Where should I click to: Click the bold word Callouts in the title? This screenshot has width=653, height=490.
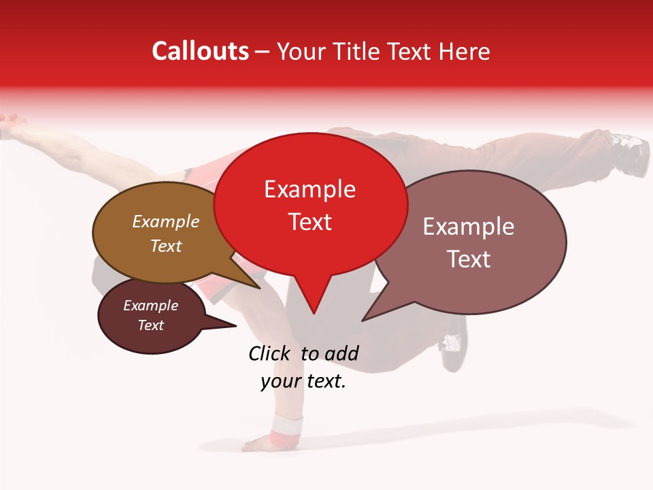pos(201,51)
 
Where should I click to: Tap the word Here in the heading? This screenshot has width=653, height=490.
pos(464,52)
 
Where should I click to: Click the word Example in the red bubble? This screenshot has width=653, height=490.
pos(309,189)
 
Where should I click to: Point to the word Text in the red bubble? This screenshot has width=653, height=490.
pos(309,222)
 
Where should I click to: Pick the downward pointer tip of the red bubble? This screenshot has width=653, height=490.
pos(313,312)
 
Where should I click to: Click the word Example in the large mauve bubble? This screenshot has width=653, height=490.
pos(469,227)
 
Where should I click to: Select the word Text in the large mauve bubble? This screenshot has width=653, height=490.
pos(469,259)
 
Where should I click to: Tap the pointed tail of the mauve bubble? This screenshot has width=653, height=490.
pos(364,319)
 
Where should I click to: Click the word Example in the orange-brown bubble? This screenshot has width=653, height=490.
pos(166,221)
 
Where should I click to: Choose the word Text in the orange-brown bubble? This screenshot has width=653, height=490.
pos(166,246)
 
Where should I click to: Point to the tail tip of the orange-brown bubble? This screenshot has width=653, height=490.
pos(259,288)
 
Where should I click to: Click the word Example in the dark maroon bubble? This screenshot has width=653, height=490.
pos(150,306)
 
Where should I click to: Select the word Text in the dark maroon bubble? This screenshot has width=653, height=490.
pos(150,325)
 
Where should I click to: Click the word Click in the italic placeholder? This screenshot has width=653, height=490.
pos(271,353)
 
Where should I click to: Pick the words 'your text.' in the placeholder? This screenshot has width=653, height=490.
pos(303,381)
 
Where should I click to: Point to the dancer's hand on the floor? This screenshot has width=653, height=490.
pos(259,443)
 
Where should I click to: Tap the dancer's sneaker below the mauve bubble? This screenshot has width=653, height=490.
pos(453,348)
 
